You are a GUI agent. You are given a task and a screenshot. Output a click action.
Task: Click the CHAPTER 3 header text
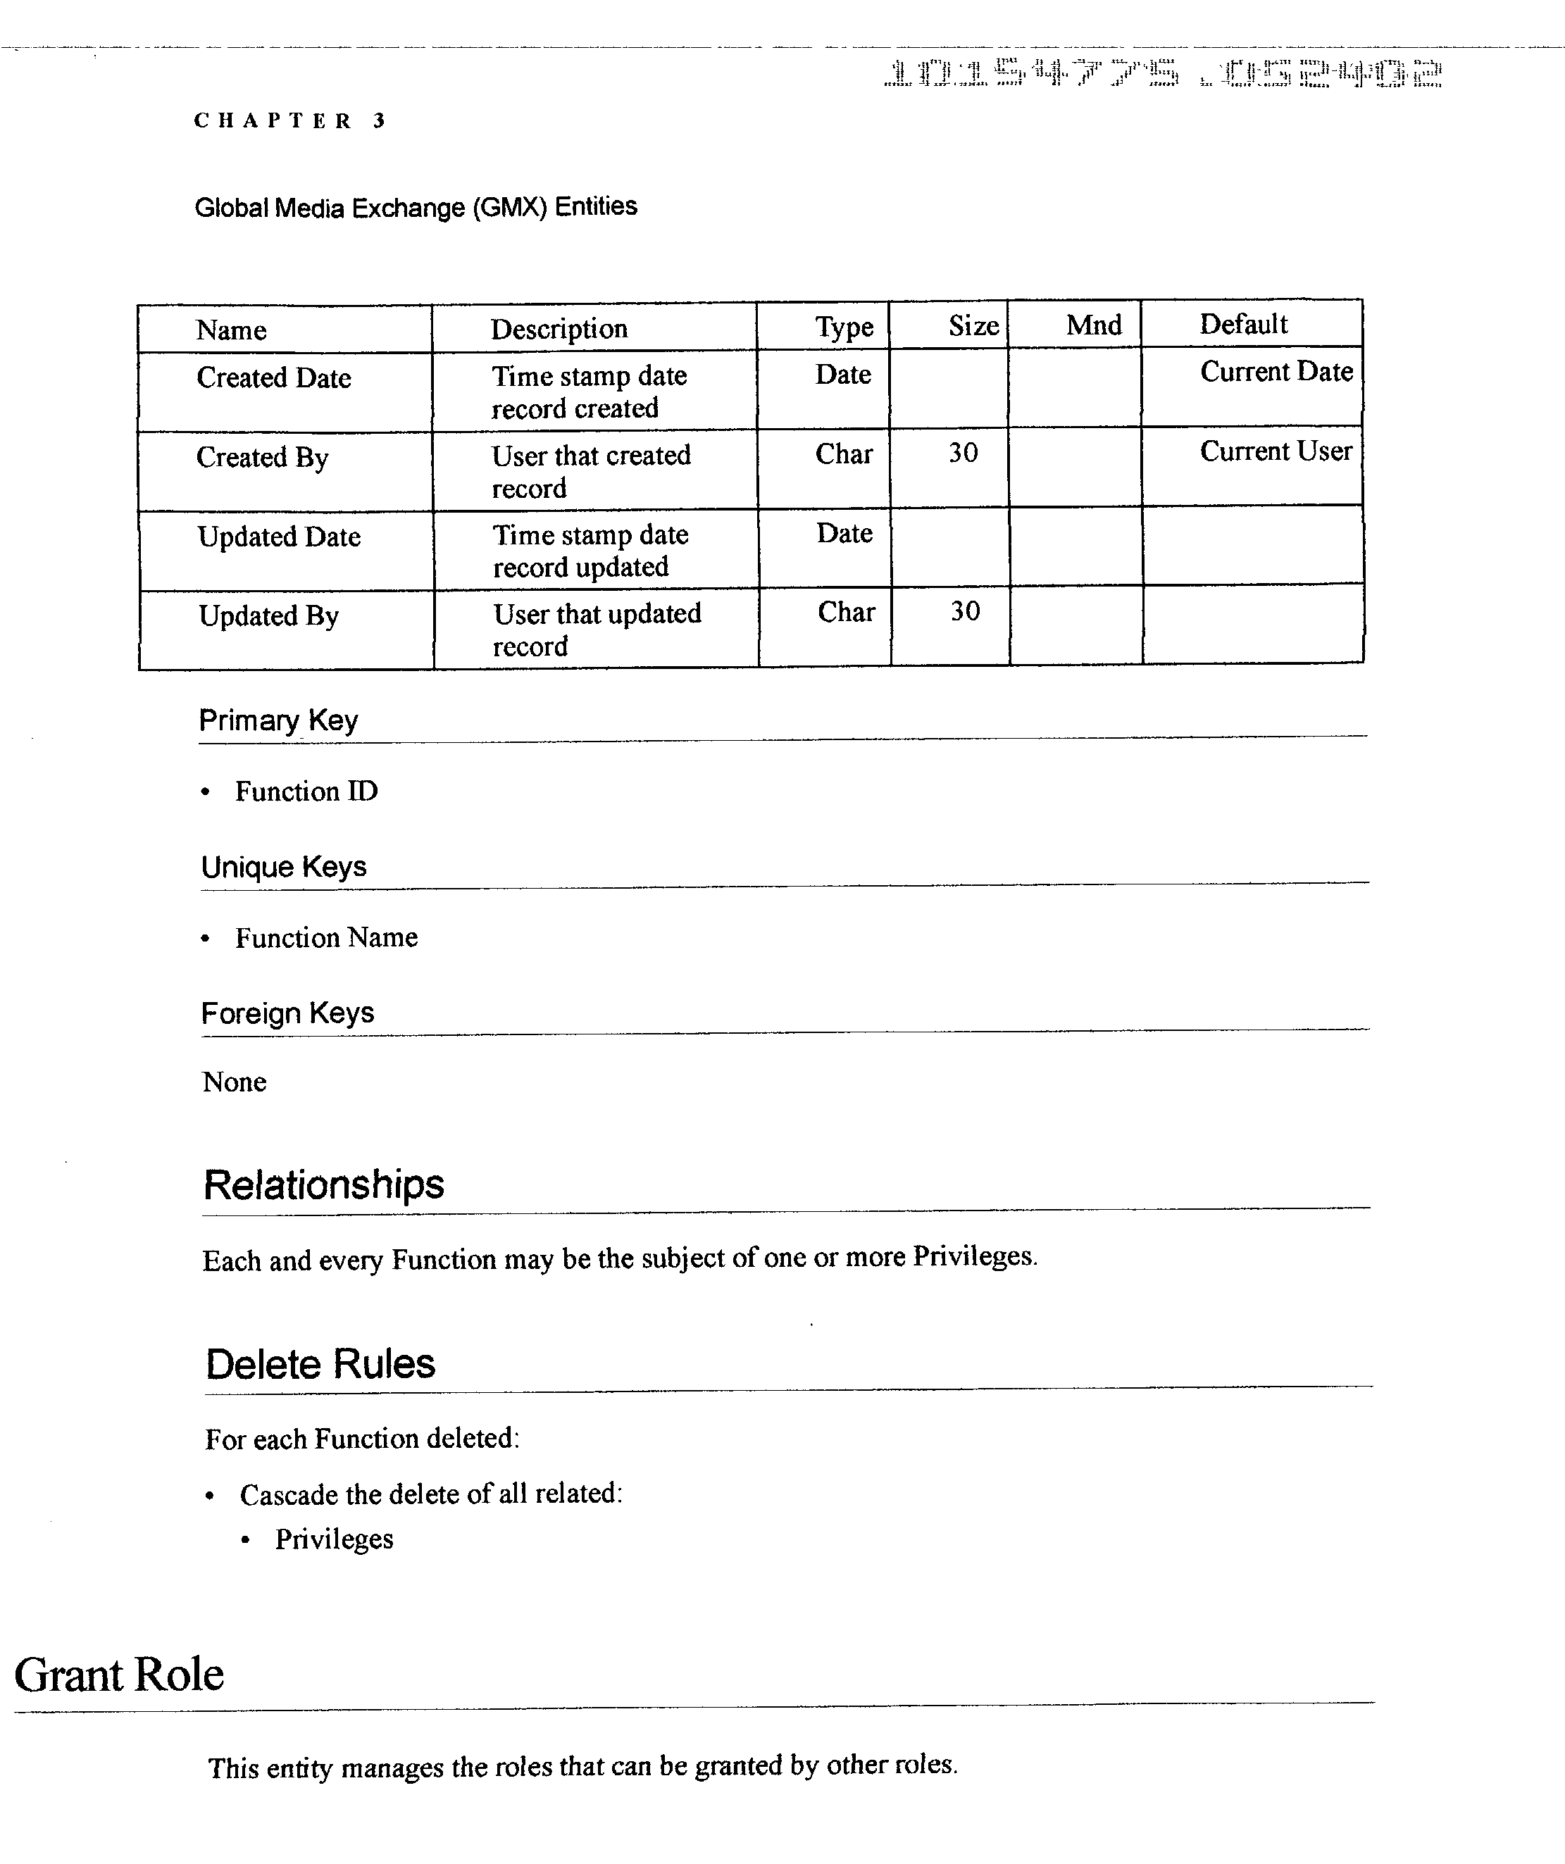pyautogui.click(x=289, y=120)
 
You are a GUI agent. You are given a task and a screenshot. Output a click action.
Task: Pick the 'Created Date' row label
pyautogui.click(x=273, y=378)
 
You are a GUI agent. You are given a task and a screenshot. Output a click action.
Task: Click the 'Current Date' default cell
pyautogui.click(x=1276, y=371)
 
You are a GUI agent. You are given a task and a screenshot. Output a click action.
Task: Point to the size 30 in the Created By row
pyautogui.click(x=963, y=453)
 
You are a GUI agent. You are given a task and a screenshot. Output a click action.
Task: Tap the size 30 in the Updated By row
pyautogui.click(x=965, y=611)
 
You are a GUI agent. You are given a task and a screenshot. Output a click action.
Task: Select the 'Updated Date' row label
pyautogui.click(x=279, y=537)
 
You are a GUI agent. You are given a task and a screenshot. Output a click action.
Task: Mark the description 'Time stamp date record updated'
pyautogui.click(x=590, y=550)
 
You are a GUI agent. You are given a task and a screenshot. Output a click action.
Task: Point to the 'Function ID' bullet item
pyautogui.click(x=306, y=791)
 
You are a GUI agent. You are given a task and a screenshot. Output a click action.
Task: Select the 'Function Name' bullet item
pyautogui.click(x=326, y=937)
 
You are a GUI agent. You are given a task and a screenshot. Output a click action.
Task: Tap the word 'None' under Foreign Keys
pyautogui.click(x=235, y=1082)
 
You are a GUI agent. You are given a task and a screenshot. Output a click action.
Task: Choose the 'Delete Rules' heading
pyautogui.click(x=320, y=1364)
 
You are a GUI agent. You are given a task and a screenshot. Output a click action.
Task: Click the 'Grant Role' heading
pyautogui.click(x=119, y=1675)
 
